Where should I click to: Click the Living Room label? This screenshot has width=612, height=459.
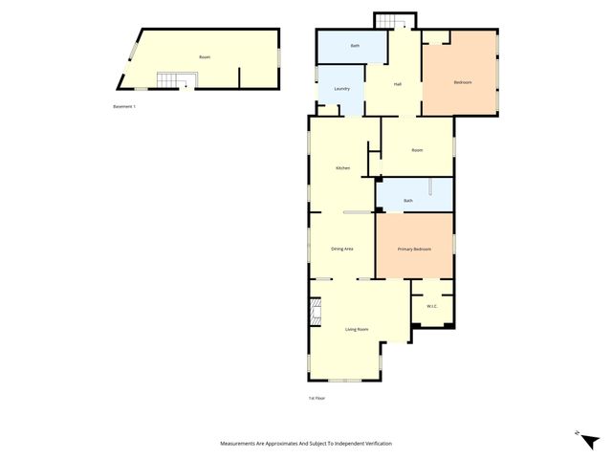pos(357,329)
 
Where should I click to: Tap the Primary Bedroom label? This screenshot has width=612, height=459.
pos(414,249)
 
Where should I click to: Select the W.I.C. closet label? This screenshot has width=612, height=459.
pos(430,307)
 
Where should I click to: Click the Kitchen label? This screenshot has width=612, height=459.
pos(342,168)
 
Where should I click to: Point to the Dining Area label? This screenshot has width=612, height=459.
pos(342,249)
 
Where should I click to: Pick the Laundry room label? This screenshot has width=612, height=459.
pos(341,89)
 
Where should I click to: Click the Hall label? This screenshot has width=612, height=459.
pos(397,84)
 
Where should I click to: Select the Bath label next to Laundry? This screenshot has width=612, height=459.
pos(355,46)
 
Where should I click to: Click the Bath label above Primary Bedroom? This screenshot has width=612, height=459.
pos(408,200)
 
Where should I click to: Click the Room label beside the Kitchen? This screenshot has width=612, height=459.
pos(417,150)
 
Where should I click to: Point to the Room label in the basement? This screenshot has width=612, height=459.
pos(204,57)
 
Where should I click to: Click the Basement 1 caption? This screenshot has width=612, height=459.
pos(125,106)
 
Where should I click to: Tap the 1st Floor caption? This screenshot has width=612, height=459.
pos(317,397)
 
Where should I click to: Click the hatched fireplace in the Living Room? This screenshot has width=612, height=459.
pos(314,311)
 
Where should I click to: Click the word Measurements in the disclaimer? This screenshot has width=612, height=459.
pos(239,444)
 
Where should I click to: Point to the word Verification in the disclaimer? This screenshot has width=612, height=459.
pos(374,444)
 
